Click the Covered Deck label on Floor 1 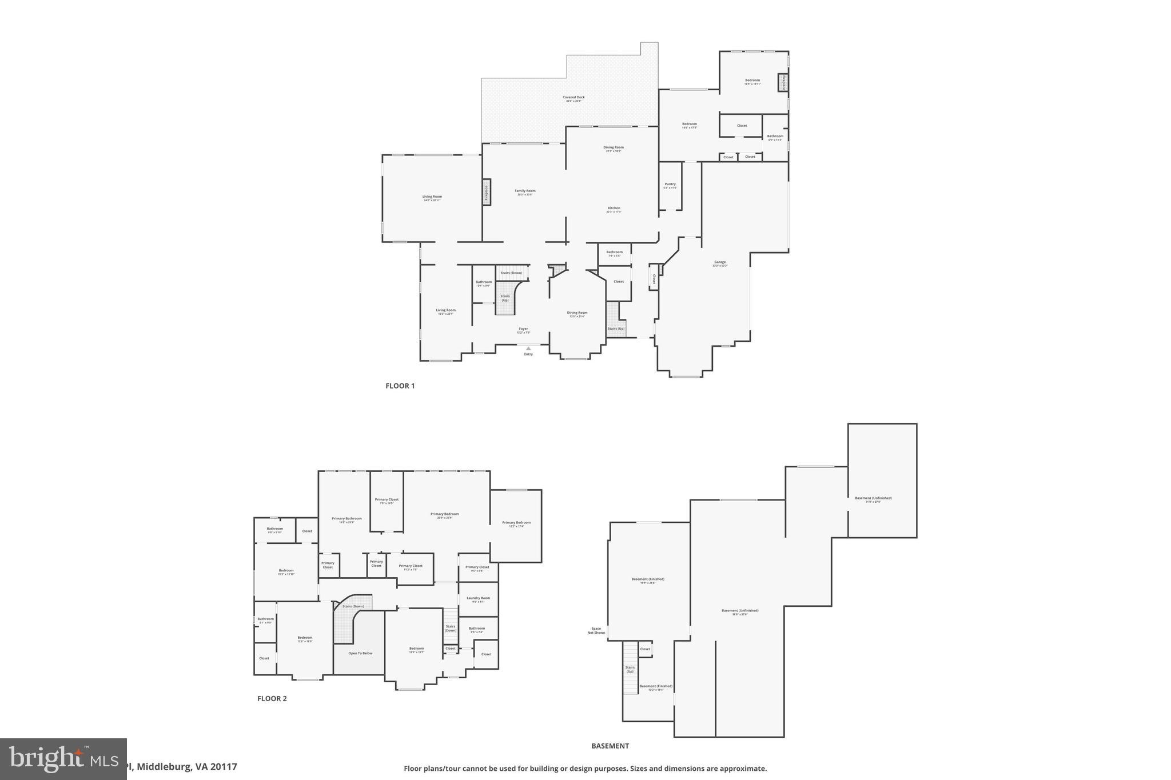pyautogui.click(x=573, y=98)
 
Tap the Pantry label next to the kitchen pyautogui.click(x=670, y=185)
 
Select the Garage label pyautogui.click(x=720, y=262)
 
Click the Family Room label pyautogui.click(x=525, y=191)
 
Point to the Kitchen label pyautogui.click(x=614, y=209)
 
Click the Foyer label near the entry pyautogui.click(x=523, y=329)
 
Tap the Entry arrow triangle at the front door pyautogui.click(x=528, y=348)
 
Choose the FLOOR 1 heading pyautogui.click(x=400, y=386)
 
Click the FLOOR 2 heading pyautogui.click(x=272, y=698)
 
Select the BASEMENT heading pyautogui.click(x=610, y=746)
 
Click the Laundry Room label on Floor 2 pyautogui.click(x=478, y=598)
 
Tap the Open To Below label pyautogui.click(x=360, y=653)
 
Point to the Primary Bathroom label pyautogui.click(x=346, y=519)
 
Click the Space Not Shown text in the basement pyautogui.click(x=596, y=630)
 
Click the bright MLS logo pyautogui.click(x=63, y=759)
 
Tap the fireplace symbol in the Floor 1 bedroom pyautogui.click(x=783, y=82)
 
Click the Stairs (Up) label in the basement pyautogui.click(x=630, y=669)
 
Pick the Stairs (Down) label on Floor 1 pyautogui.click(x=511, y=273)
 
